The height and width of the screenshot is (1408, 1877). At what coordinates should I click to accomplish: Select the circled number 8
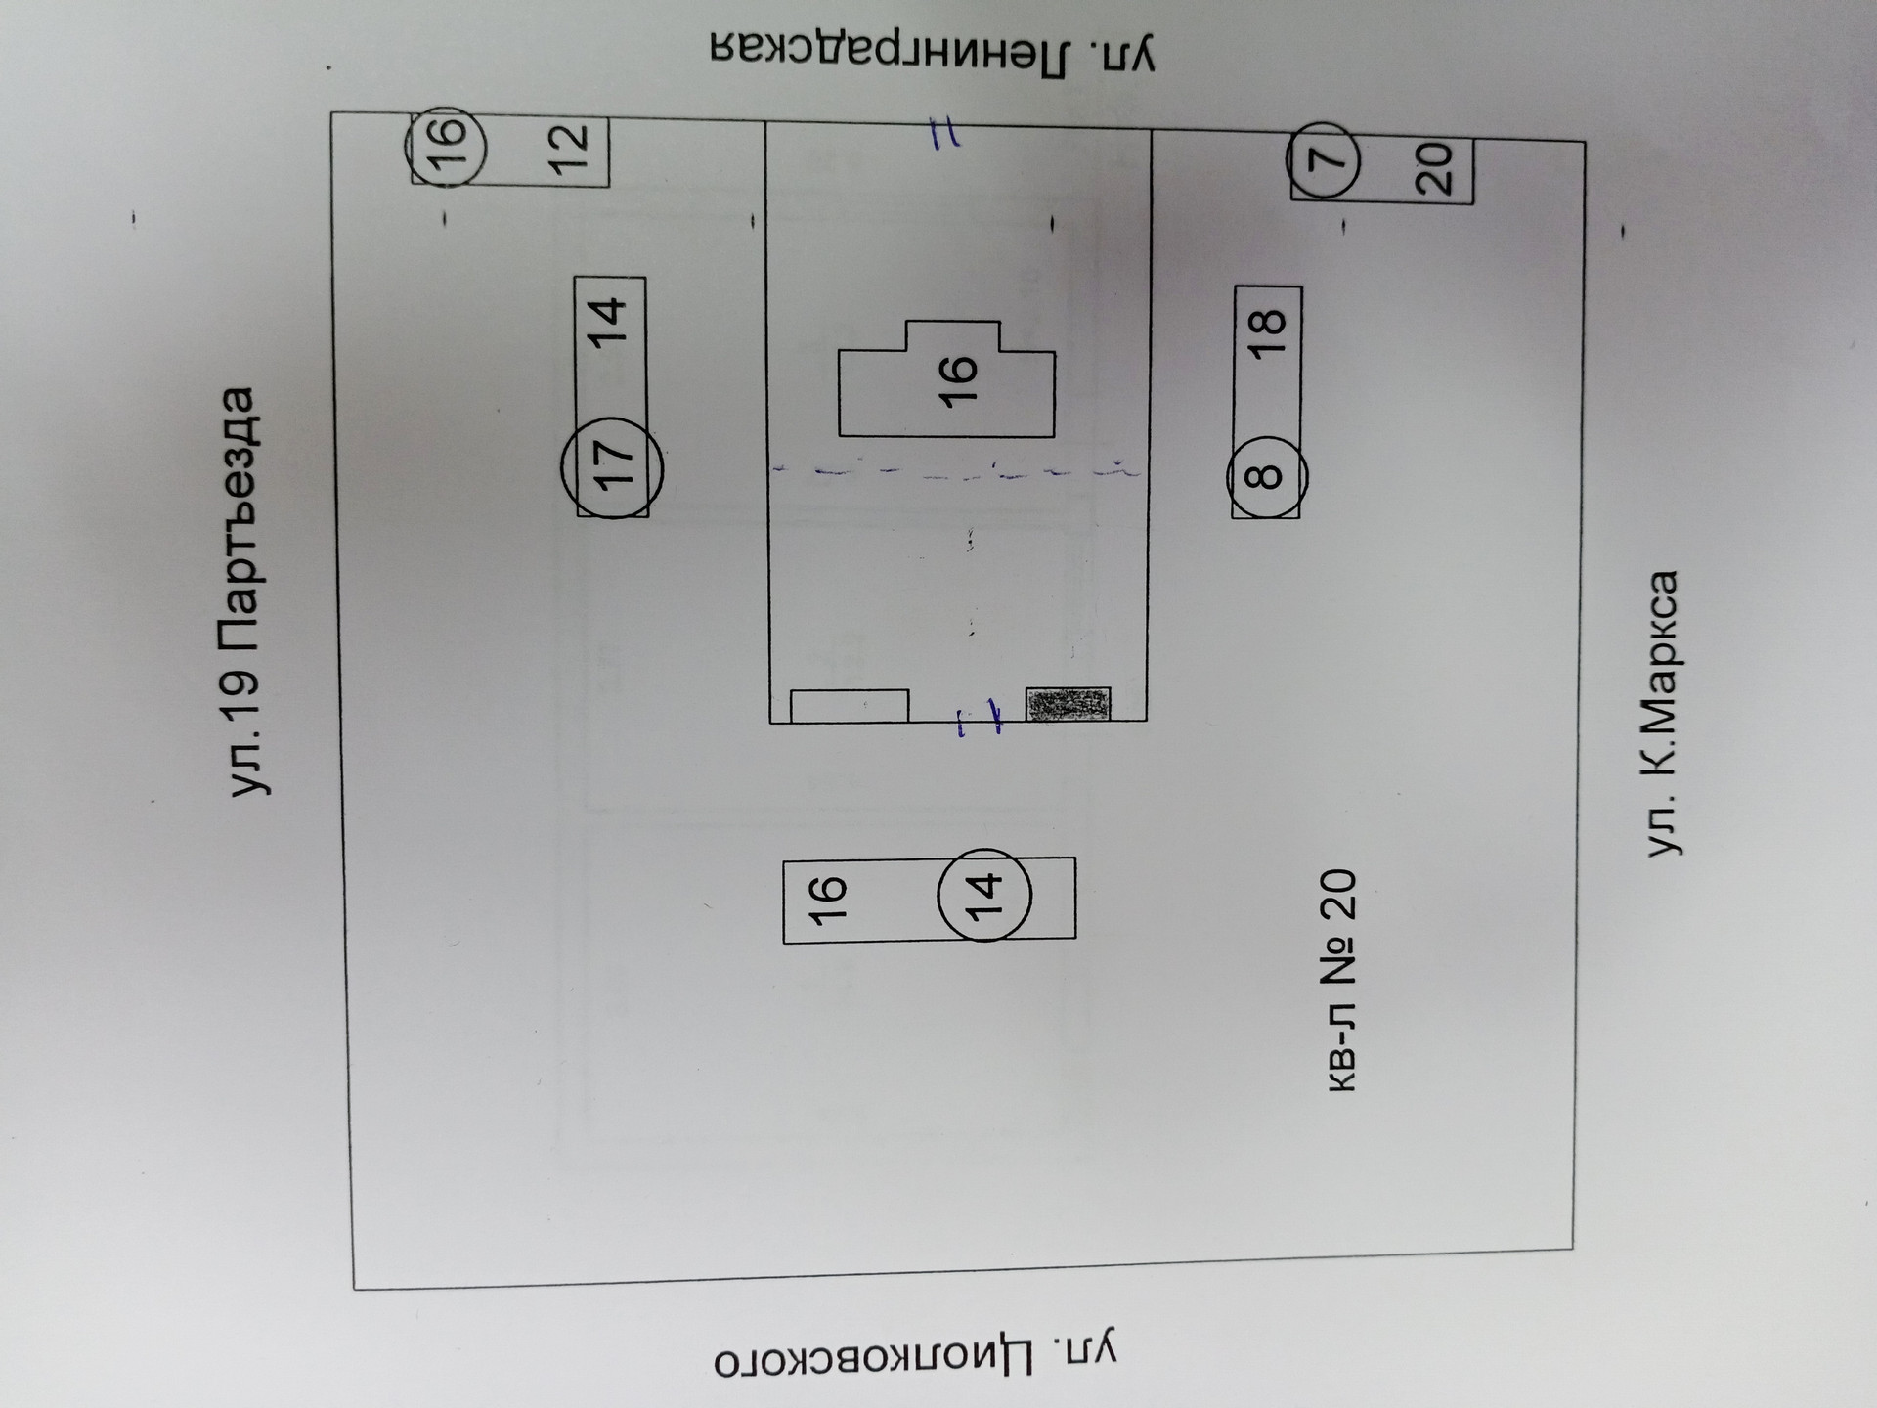(x=1267, y=476)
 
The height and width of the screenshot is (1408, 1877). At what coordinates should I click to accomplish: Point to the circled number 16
(x=447, y=145)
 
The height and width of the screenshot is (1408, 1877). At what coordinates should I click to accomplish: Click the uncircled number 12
(x=570, y=149)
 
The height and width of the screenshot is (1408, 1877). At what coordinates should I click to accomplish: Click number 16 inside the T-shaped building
(x=958, y=379)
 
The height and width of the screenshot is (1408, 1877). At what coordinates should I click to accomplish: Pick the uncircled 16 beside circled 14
(x=827, y=900)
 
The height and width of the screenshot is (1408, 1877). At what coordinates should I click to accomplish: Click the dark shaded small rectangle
(x=1068, y=704)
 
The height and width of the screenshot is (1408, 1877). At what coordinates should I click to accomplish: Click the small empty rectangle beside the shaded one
(x=849, y=706)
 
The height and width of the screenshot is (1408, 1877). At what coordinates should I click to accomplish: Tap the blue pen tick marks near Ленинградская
(x=943, y=134)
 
